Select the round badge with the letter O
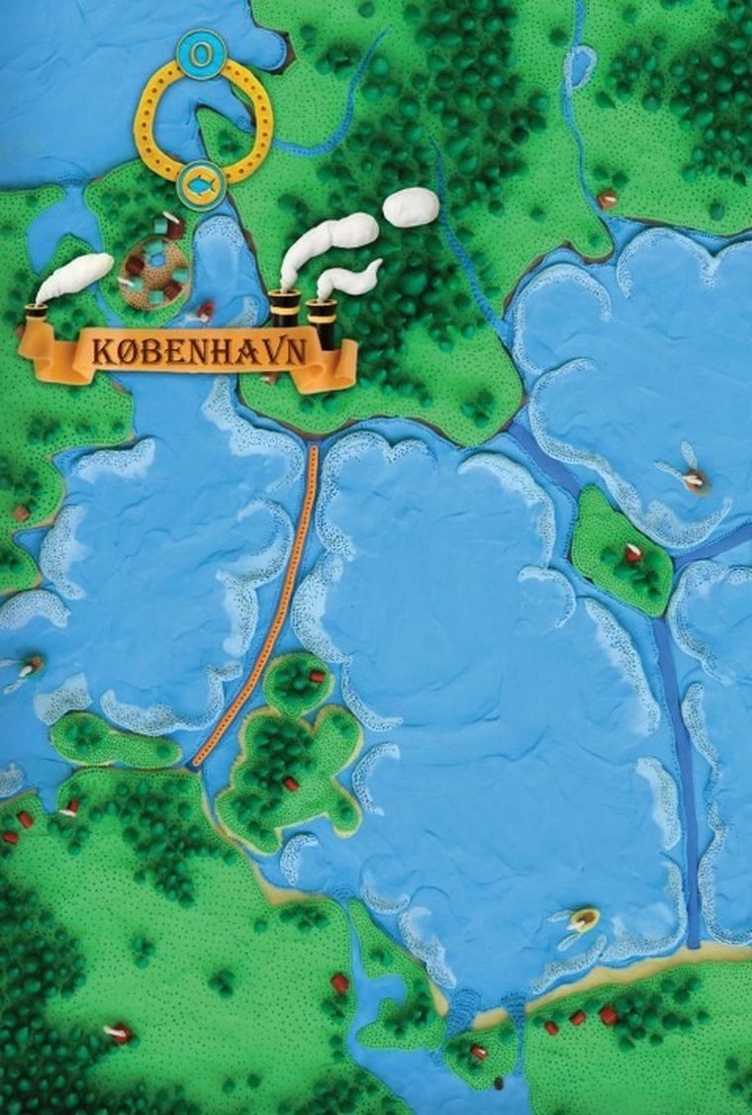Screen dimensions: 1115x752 [x=200, y=53]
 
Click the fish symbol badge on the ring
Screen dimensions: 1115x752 [x=201, y=184]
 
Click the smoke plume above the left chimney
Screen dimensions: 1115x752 [x=75, y=277]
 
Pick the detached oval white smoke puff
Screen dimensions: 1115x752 [x=410, y=206]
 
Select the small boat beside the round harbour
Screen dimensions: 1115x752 [x=205, y=312]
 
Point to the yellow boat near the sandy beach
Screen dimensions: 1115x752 [x=584, y=920]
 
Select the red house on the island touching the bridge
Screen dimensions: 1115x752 [x=317, y=678]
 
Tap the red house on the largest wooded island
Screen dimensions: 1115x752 [x=291, y=784]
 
